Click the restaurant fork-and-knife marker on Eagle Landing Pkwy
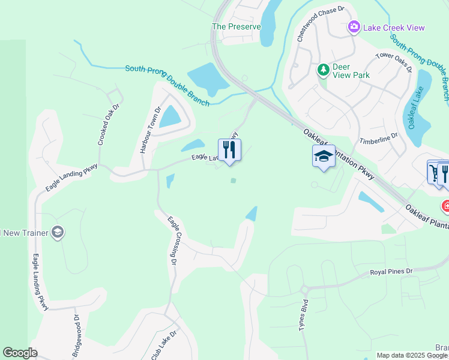click(x=229, y=150)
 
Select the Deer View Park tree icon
click(x=324, y=70)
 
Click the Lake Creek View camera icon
click(x=354, y=27)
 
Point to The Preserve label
click(x=237, y=26)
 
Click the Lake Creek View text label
click(x=393, y=28)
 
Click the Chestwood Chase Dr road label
click(x=321, y=24)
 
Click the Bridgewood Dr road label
click(x=76, y=336)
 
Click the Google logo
click(x=20, y=353)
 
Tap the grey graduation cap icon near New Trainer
click(x=58, y=232)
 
